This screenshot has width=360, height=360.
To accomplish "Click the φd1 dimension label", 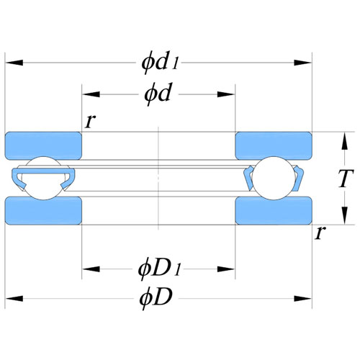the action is click(x=160, y=62).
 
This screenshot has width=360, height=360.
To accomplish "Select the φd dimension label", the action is click(x=158, y=94).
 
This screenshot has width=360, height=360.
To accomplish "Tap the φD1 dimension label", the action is click(x=159, y=269).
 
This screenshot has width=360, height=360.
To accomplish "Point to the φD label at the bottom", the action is click(x=156, y=298).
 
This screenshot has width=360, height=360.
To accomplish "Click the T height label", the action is click(x=346, y=178).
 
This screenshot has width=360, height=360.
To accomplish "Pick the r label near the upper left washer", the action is click(x=91, y=121).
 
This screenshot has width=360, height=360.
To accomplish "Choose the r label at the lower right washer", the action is click(x=320, y=233).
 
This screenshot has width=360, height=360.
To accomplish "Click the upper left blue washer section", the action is click(x=43, y=145).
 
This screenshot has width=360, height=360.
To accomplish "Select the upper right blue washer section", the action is click(x=274, y=145).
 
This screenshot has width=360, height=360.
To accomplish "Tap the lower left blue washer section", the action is click(x=43, y=211).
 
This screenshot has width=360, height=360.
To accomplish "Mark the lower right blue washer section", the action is click(x=274, y=211).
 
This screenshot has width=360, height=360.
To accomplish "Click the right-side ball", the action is click(x=274, y=178).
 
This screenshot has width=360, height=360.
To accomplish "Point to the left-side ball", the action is click(x=43, y=178).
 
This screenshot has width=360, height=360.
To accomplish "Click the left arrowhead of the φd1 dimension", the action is click(x=14, y=63).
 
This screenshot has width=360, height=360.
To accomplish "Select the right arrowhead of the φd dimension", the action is click(x=226, y=94).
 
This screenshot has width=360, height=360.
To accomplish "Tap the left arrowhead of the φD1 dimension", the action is click(x=91, y=269).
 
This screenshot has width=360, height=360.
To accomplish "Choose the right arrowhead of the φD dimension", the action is click(x=303, y=299).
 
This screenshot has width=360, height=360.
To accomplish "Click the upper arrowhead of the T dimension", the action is click(x=345, y=141).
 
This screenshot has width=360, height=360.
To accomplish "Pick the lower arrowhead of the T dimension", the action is click(x=345, y=215).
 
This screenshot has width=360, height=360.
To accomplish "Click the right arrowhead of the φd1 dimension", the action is click(x=303, y=63).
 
